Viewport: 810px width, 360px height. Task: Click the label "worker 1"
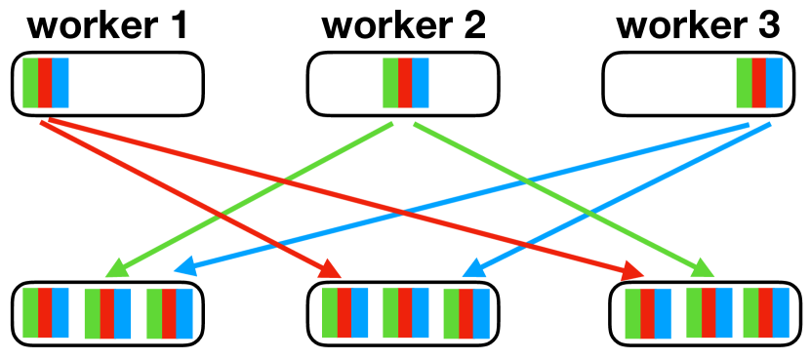[108, 25]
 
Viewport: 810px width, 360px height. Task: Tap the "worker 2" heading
[403, 25]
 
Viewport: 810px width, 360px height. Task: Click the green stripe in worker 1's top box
[30, 82]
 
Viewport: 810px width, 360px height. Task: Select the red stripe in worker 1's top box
[45, 82]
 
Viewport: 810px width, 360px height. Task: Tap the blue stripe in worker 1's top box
[61, 82]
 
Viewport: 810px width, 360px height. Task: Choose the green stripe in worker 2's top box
[390, 83]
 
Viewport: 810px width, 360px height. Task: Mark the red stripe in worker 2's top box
[405, 83]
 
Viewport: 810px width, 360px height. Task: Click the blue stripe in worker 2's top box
[421, 83]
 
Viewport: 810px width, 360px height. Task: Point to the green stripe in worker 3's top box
[745, 83]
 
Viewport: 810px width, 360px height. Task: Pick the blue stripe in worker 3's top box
[775, 83]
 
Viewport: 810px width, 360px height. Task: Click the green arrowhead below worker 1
[116, 267]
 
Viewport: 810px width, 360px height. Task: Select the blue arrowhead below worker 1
[182, 265]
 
